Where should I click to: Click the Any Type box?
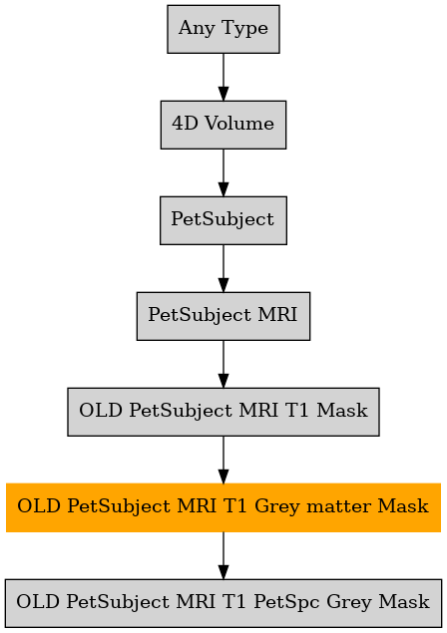(x=223, y=29)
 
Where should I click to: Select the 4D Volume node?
(x=223, y=125)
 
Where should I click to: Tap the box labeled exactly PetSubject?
(x=223, y=220)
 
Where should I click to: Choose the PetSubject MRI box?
(x=223, y=316)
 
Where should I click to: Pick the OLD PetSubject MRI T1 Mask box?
(x=223, y=412)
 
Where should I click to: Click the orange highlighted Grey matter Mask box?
(x=223, y=507)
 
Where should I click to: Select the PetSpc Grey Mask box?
(x=223, y=603)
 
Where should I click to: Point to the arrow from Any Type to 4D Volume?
(x=223, y=77)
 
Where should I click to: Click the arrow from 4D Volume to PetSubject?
(x=223, y=172)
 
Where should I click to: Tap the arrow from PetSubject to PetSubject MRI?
(x=223, y=268)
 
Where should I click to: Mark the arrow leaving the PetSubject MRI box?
(x=223, y=364)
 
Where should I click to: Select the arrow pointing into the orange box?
(x=223, y=460)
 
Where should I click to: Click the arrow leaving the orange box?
(x=223, y=555)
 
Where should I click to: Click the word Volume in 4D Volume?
(x=239, y=124)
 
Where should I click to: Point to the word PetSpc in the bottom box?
(x=286, y=602)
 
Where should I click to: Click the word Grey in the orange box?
(x=278, y=507)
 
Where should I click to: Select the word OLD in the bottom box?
(x=38, y=601)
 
